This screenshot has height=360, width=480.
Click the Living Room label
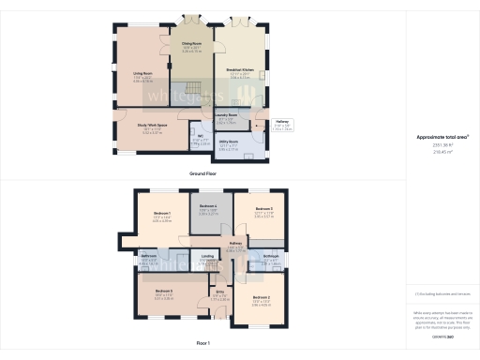pos(143,72)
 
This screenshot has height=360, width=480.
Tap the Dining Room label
pos(191,45)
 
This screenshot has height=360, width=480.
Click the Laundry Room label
pos(225,118)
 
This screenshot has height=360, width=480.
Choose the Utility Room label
pos(229,142)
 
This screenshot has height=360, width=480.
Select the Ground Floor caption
pos(204,174)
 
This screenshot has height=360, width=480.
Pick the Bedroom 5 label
pos(262,208)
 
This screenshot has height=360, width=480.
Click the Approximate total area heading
pos(442,137)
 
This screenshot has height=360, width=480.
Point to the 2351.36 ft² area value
pos(442,145)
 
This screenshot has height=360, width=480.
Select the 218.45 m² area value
pos(442,152)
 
